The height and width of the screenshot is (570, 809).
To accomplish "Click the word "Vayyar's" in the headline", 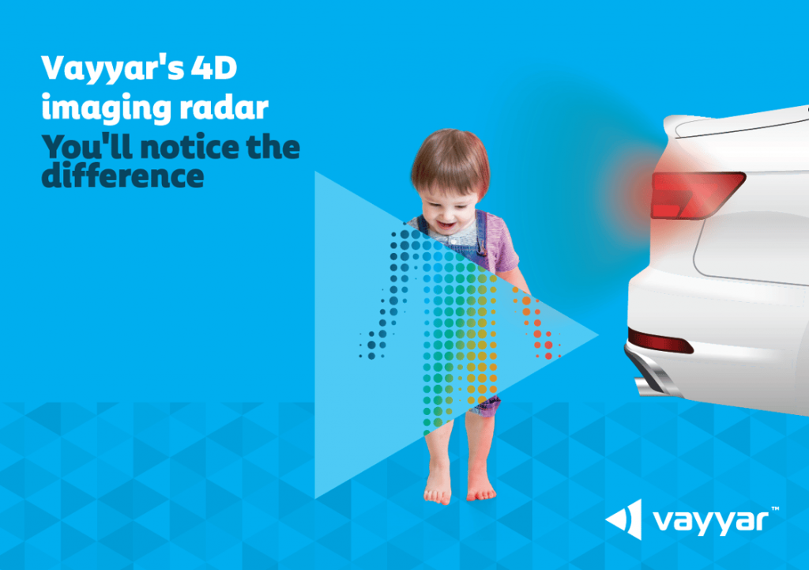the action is (x=113, y=68).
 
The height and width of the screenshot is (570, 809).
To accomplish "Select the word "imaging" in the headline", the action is (x=107, y=108).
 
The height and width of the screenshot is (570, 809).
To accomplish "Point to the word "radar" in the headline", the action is (x=224, y=108).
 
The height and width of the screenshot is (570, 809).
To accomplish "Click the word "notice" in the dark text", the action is (x=190, y=147).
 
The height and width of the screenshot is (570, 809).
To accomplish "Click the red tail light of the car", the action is (x=697, y=194).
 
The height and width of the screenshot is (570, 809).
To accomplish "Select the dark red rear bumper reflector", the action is (x=660, y=341).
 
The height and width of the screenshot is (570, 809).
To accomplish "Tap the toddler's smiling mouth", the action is (x=446, y=225).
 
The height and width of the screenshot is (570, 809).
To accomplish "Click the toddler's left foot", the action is (x=481, y=490).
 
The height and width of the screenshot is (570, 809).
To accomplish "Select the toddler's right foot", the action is (x=438, y=490).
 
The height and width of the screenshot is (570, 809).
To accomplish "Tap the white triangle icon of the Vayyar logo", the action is (x=624, y=519).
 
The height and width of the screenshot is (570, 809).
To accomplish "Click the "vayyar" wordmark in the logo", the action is (x=710, y=522).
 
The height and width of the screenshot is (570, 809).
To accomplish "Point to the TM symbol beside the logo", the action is (x=775, y=509).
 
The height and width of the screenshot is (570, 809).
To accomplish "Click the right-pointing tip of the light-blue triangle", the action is (x=598, y=334).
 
